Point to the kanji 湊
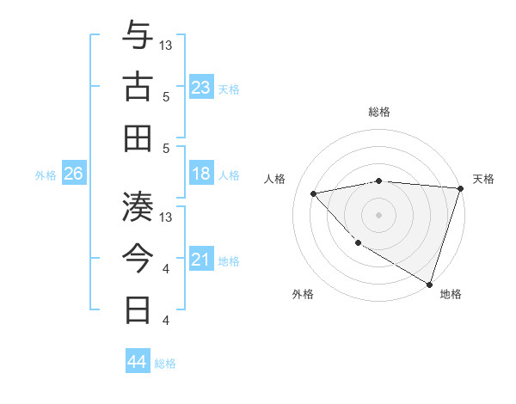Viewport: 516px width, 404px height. coord(138,206)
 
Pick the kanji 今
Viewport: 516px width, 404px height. coord(138,257)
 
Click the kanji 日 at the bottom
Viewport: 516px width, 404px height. coord(138,309)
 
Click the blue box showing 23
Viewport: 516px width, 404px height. coord(201,88)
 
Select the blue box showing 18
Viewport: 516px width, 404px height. coord(201,174)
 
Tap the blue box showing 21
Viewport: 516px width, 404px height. coord(201,260)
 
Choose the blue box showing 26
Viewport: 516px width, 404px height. coord(73,174)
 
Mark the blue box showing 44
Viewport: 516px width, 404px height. coord(138,362)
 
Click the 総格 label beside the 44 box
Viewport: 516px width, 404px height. coord(166,364)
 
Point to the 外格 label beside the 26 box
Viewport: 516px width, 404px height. coord(46,175)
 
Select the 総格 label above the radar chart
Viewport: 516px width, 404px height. coord(379,112)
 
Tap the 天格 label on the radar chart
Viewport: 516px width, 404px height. coord(483,179)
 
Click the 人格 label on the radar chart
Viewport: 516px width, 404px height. coord(275,179)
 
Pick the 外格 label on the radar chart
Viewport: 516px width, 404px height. coord(302,294)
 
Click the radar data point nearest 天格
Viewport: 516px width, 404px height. coord(460,188)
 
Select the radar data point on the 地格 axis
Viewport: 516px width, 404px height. coord(429,284)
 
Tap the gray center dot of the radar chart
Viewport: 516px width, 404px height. coord(379,214)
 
